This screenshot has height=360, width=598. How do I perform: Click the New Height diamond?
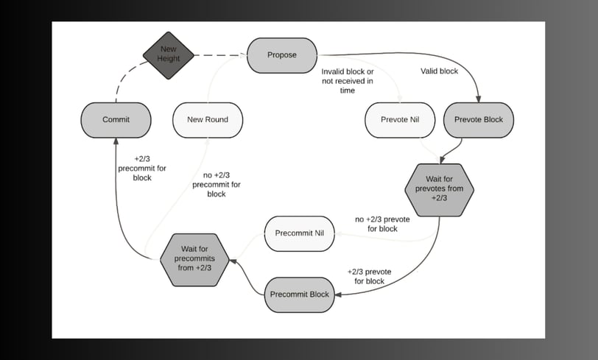point(169,55)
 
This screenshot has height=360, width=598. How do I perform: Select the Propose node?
point(282,55)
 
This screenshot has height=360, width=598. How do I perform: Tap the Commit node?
point(116,120)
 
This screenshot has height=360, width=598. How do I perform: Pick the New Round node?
point(208,120)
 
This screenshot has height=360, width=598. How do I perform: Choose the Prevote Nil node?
point(400,120)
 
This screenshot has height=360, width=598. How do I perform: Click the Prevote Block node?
point(479,120)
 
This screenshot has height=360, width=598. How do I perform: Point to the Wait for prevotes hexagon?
point(440,190)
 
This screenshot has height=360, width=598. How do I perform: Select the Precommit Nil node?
point(300,233)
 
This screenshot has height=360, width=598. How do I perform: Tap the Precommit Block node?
point(300,294)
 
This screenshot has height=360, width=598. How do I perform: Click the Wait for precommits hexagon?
point(194,260)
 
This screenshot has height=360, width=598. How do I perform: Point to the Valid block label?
point(440,71)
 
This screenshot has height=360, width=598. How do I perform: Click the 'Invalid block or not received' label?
point(348,81)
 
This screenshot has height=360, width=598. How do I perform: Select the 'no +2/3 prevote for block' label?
point(382,225)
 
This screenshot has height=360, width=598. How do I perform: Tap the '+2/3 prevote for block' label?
point(369,277)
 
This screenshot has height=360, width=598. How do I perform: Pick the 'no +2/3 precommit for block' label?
point(217,185)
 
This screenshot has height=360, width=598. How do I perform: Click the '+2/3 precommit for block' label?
point(142,168)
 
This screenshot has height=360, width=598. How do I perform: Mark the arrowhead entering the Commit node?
point(116,141)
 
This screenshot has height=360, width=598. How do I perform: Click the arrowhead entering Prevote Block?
point(478,99)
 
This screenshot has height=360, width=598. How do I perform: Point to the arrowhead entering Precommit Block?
point(338,294)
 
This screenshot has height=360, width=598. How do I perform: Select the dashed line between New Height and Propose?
point(220,55)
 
